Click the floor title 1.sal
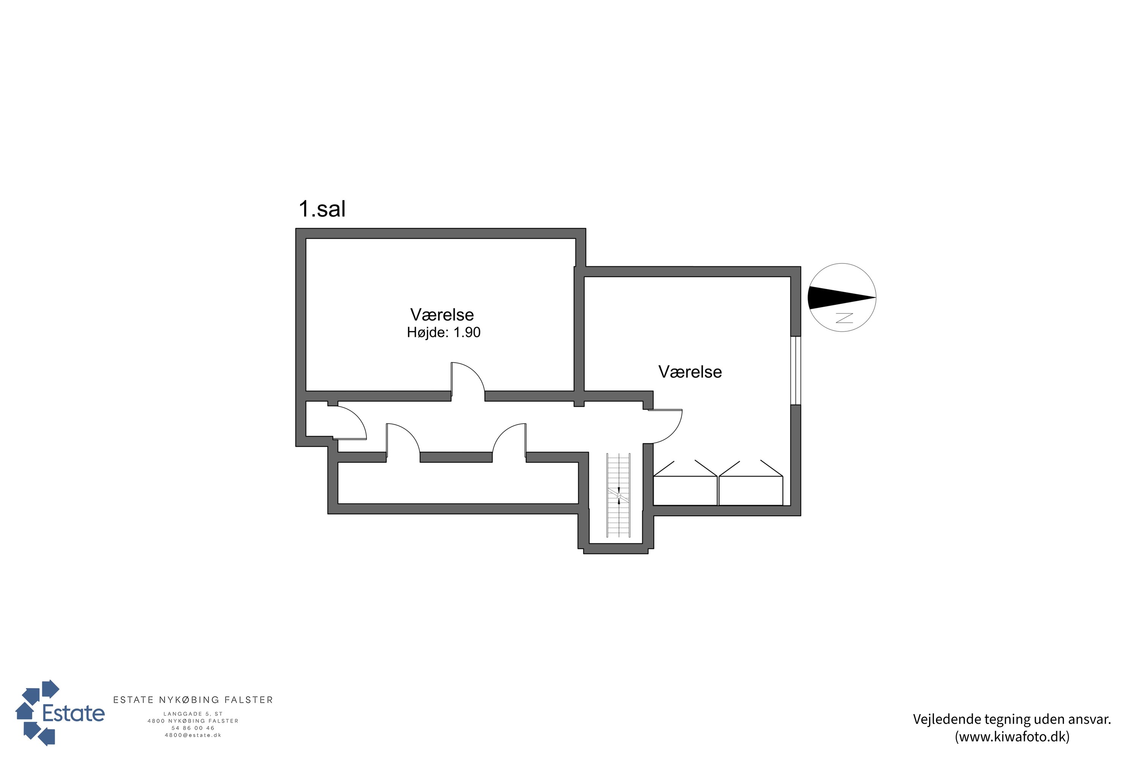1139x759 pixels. [322, 209]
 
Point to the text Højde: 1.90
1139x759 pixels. [443, 332]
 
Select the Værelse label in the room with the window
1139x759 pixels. [690, 372]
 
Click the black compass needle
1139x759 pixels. [842, 298]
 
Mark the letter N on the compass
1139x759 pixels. [844, 318]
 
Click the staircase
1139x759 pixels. [618, 495]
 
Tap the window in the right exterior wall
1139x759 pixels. [796, 370]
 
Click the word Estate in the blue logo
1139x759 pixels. [74, 713]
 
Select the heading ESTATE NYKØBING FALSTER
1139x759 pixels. [193, 700]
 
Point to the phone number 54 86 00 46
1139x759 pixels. [193, 728]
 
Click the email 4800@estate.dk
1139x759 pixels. [193, 735]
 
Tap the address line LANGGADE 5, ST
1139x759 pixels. [193, 714]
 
